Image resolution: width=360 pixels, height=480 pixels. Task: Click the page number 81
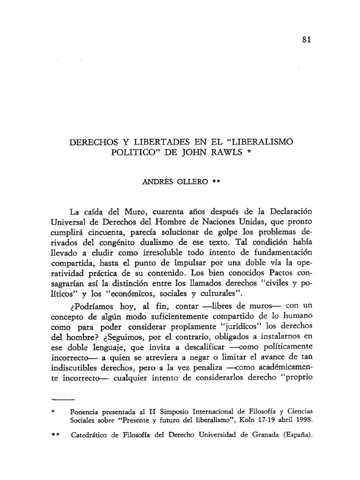(307, 39)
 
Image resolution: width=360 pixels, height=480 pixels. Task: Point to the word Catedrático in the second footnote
(92, 435)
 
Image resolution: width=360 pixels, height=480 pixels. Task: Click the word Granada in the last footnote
(262, 435)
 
